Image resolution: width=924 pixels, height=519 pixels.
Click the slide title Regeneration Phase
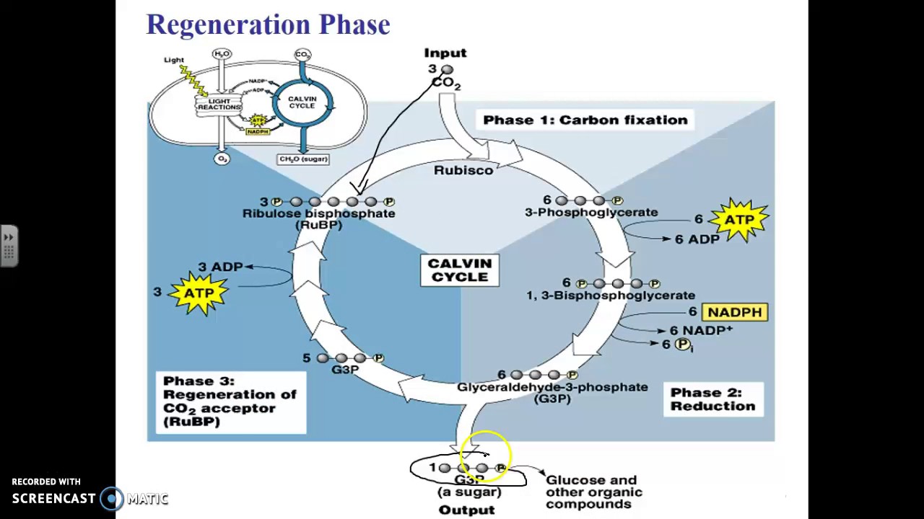(x=268, y=25)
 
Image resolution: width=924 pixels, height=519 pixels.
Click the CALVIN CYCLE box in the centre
(x=460, y=271)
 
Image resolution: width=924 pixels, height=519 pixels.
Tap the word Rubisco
(x=463, y=170)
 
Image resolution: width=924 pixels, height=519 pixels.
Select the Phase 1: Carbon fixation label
(x=585, y=120)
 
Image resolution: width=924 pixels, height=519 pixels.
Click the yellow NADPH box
(x=734, y=312)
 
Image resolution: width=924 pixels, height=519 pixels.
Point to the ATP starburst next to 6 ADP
(x=740, y=220)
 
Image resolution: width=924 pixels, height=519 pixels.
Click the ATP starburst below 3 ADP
(x=199, y=293)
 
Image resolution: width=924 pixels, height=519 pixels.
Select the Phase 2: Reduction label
(x=712, y=399)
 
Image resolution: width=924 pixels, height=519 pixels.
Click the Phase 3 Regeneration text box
(x=230, y=402)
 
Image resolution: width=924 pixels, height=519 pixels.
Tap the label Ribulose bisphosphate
(x=318, y=213)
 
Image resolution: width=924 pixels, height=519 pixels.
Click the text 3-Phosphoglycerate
(x=591, y=213)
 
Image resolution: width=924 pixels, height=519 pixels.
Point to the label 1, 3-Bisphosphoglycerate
(x=611, y=296)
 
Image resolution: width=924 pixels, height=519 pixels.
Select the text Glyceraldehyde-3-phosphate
(x=552, y=387)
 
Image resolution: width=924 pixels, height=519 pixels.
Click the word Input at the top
(x=445, y=53)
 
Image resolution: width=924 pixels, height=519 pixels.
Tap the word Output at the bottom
(x=467, y=510)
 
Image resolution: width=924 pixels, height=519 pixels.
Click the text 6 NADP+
(x=701, y=330)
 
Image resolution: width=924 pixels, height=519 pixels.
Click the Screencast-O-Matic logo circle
(x=112, y=498)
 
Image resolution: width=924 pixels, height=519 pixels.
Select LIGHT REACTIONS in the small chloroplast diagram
(x=219, y=105)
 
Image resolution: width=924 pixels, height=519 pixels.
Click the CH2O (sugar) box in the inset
(x=303, y=159)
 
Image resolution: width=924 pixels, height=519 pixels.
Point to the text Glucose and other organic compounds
(x=593, y=492)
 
